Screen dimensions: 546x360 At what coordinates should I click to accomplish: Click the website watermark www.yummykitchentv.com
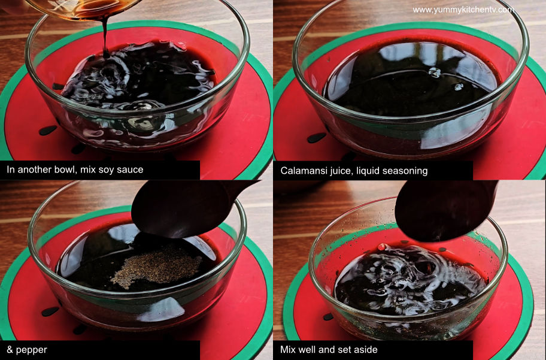click(x=463, y=10)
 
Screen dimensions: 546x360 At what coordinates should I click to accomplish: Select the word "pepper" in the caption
click(x=31, y=350)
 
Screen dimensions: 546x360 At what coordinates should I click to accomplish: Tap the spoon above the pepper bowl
click(x=188, y=208)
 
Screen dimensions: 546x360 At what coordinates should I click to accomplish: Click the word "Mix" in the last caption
click(x=287, y=350)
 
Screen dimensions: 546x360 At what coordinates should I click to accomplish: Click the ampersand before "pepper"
click(x=10, y=350)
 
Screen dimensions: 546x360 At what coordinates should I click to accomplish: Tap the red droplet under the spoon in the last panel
click(x=382, y=247)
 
